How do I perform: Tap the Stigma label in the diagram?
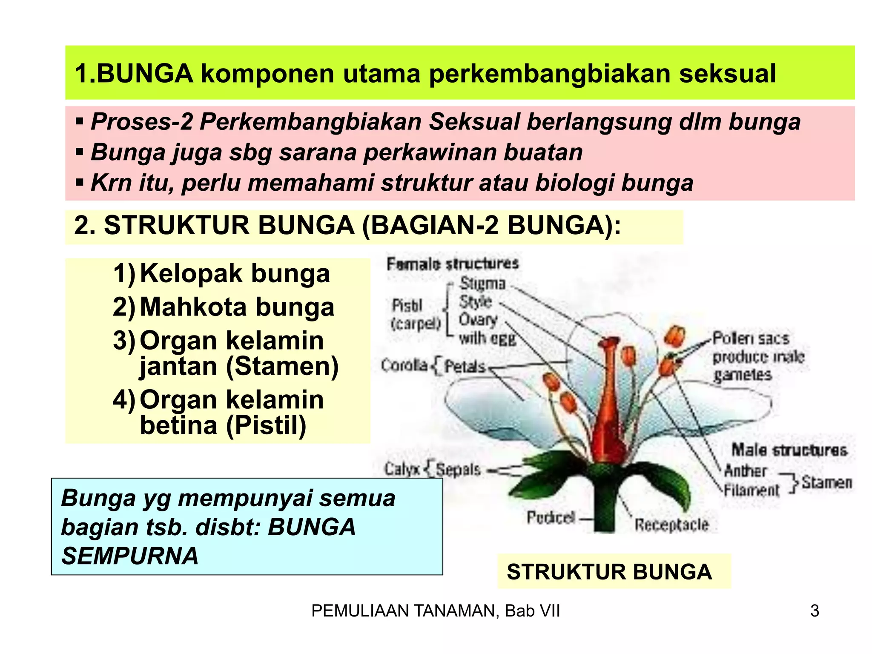(482, 283)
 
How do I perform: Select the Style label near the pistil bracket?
(475, 301)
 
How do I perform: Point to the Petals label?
(465, 366)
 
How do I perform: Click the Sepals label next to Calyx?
(458, 470)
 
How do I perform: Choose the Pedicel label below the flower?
(551, 517)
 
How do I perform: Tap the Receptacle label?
(671, 525)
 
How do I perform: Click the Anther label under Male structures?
(745, 470)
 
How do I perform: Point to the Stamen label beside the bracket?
(826, 482)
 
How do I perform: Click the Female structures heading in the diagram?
(452, 264)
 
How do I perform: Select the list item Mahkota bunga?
(237, 307)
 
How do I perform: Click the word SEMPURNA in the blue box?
(130, 556)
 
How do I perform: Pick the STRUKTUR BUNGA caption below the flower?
(609, 571)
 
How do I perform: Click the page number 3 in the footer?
(814, 611)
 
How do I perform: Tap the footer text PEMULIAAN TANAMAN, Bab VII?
(435, 611)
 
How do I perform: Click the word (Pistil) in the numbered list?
(266, 425)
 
